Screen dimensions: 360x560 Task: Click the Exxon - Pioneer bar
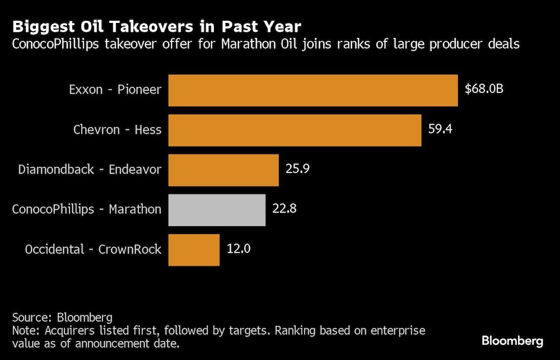coord(313,91)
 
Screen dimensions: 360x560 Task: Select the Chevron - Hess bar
coord(295,130)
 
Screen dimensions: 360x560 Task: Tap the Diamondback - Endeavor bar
coord(223,170)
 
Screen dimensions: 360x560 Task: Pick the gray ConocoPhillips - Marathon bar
coord(217,210)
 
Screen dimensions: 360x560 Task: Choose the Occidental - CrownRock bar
coord(194,250)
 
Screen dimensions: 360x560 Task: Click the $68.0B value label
coord(484,88)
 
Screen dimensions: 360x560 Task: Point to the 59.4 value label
coord(440,129)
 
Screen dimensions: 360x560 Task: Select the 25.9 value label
coord(298,169)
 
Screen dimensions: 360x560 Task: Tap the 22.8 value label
coord(284,209)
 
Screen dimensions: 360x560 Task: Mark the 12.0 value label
coord(239,249)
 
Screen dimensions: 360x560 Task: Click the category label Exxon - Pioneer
coord(115,90)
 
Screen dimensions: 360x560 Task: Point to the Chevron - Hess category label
coord(117,130)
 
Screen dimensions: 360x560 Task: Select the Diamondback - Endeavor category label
coord(90,169)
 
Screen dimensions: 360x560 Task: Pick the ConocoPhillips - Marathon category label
coord(87,209)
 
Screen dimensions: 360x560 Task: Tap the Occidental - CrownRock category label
coord(93,249)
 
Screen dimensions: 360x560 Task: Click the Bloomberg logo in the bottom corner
coord(512,340)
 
